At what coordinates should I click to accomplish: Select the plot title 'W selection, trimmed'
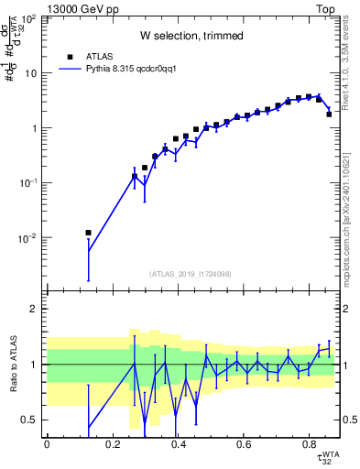pos(191,36)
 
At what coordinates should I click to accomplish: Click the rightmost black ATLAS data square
pos(329,115)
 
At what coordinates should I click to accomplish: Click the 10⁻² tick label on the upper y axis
pos(30,238)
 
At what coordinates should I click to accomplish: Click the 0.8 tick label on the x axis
pos(310,445)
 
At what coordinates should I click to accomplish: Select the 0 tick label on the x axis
pos(46,445)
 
